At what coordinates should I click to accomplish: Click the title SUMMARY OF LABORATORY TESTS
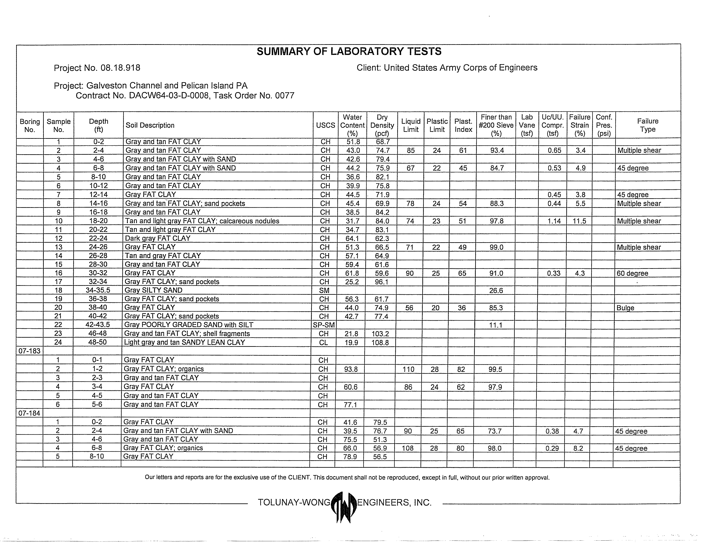click(x=349, y=51)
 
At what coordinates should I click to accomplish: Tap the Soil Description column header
click(x=150, y=125)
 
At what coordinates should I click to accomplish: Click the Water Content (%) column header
click(x=352, y=125)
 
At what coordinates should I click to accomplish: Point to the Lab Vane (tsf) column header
click(x=527, y=125)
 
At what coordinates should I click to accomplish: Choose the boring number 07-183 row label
click(x=29, y=351)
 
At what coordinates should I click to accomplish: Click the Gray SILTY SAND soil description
click(x=153, y=290)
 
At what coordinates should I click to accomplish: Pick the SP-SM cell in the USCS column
click(x=324, y=325)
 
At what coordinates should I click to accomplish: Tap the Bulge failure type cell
click(x=625, y=308)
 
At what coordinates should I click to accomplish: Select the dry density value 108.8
click(x=380, y=342)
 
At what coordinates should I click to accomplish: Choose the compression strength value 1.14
click(x=554, y=221)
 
